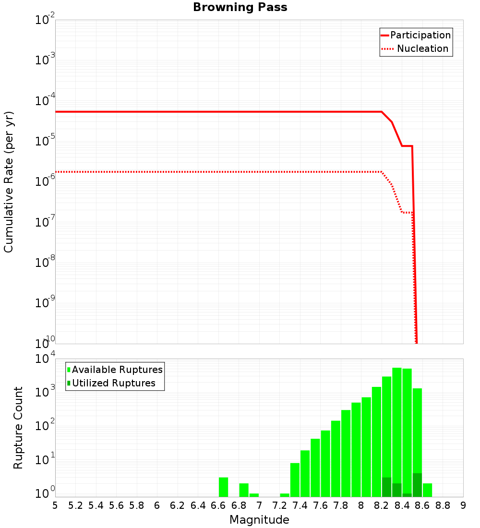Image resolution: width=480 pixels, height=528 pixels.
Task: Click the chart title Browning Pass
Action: click(x=240, y=7)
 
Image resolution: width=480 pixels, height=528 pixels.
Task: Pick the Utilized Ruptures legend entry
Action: click(x=113, y=384)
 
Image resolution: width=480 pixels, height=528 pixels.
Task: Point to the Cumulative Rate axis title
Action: click(x=9, y=182)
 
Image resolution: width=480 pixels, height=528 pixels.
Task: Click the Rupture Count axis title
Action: click(x=18, y=428)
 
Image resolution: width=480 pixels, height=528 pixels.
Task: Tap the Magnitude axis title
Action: click(x=259, y=520)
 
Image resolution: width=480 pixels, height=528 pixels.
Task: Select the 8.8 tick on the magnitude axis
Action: click(x=443, y=505)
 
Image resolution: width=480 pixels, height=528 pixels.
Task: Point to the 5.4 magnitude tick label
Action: click(x=96, y=505)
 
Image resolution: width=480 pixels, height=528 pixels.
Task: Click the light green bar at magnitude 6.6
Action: click(x=223, y=487)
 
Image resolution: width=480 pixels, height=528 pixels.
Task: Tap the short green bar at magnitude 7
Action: click(x=254, y=495)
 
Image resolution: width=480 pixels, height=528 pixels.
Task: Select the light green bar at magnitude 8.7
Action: click(x=427, y=490)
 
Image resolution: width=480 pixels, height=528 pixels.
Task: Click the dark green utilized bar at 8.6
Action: click(x=417, y=485)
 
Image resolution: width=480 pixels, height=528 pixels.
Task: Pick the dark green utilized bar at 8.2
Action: click(x=386, y=487)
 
